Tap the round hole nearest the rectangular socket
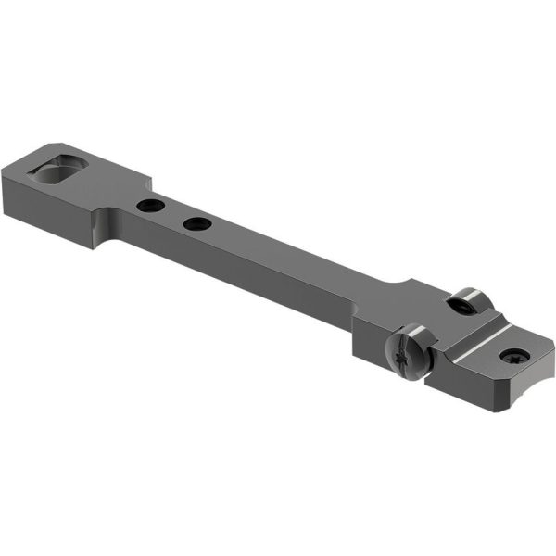146,206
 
